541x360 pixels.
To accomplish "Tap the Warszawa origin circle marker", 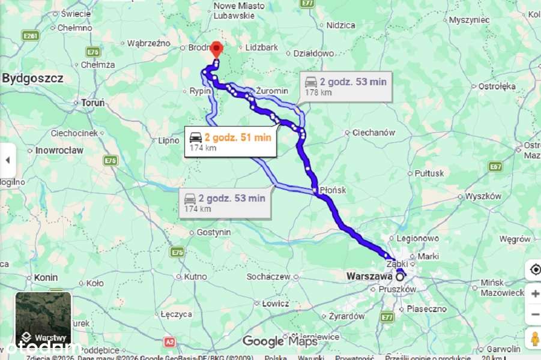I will pyautogui.click(x=400, y=277).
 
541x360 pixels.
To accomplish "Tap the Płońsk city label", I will pyautogui.click(x=332, y=190).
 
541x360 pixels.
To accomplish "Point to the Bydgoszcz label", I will pyautogui.click(x=32, y=79).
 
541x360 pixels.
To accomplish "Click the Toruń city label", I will pyautogui.click(x=92, y=103).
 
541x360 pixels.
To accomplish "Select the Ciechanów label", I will pyautogui.click(x=373, y=133).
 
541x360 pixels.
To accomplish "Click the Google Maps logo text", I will pyautogui.click(x=279, y=341).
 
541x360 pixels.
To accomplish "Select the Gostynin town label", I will pyautogui.click(x=214, y=232).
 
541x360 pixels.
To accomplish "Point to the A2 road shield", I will pyautogui.click(x=170, y=341).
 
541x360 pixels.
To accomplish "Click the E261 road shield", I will pyautogui.click(x=31, y=36).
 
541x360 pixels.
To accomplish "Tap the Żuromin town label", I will pyautogui.click(x=272, y=91).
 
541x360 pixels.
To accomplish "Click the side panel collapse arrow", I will pyautogui.click(x=8, y=160).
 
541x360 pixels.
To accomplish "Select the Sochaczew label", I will pyautogui.click(x=268, y=277).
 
